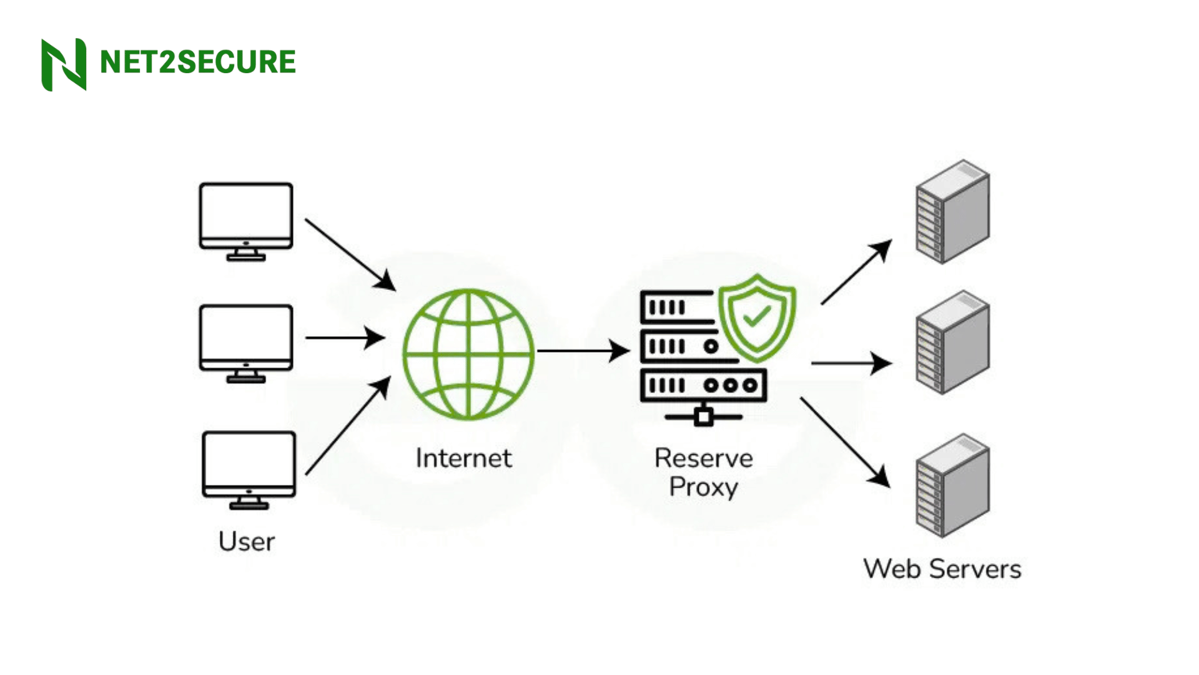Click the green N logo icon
point(64,64)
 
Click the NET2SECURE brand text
point(197,62)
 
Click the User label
point(246,541)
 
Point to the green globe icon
point(468,354)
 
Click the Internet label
point(463,458)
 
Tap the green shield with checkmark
point(757,317)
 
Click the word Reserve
point(703,458)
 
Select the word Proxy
point(703,487)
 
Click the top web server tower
point(952,212)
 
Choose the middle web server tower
point(952,342)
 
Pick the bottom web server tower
point(952,486)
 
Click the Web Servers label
point(942,569)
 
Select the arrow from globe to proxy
point(583,351)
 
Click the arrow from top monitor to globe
point(350,254)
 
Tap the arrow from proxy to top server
point(856,272)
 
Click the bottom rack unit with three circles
point(703,385)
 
